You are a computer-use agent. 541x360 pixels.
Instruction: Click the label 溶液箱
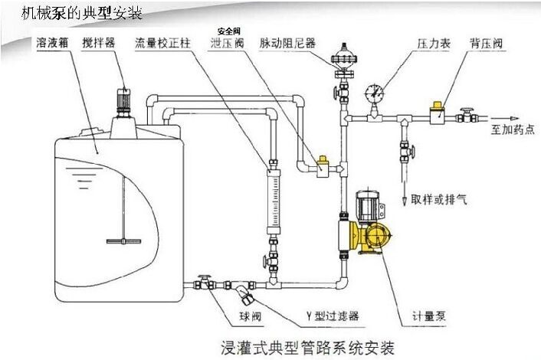54,44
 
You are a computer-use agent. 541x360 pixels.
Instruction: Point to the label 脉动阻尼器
288,44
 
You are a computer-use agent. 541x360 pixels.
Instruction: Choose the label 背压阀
487,44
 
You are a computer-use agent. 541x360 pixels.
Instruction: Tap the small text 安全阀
228,31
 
